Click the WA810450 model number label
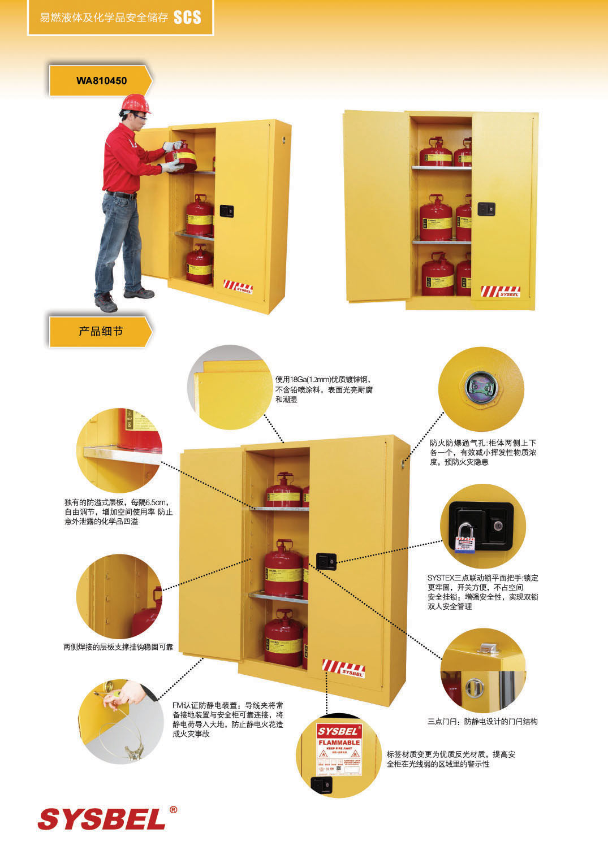click(101, 81)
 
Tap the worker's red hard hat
click(136, 103)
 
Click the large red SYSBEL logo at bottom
click(102, 819)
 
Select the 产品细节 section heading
click(101, 332)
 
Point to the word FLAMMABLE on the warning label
click(339, 743)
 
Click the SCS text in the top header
click(187, 18)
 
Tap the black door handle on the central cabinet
click(326, 561)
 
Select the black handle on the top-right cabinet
click(486, 209)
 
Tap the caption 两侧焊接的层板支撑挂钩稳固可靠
click(118, 647)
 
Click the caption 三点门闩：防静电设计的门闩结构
click(482, 721)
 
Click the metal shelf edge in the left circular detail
click(122, 454)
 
